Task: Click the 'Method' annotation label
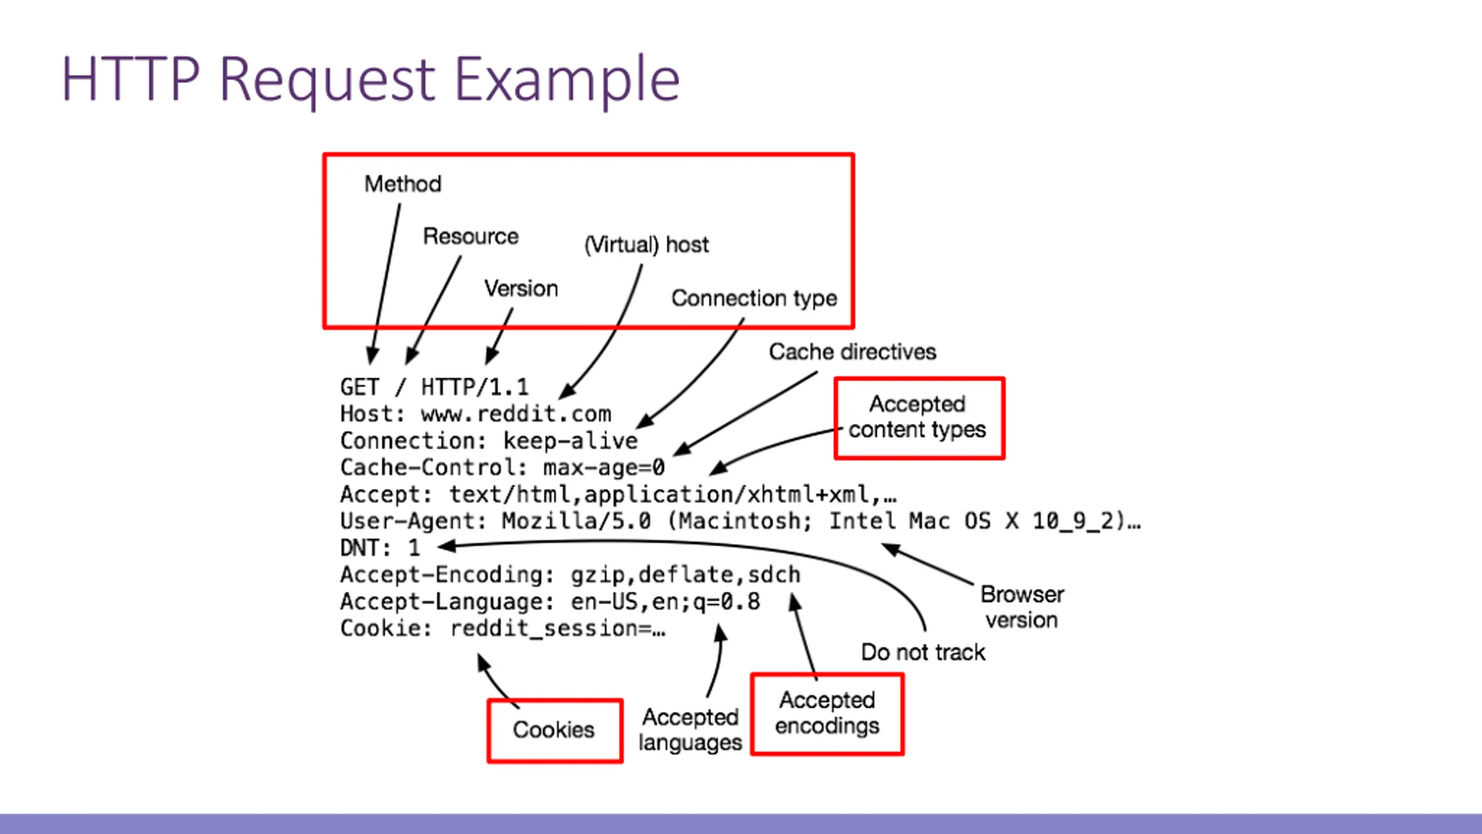click(403, 184)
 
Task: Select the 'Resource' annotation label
click(471, 236)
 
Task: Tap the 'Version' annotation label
click(521, 288)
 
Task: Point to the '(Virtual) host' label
click(647, 244)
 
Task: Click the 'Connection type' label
click(754, 298)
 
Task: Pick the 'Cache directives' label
click(853, 352)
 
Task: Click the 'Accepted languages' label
click(690, 730)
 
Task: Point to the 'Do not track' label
click(923, 652)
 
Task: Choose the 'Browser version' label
click(1022, 607)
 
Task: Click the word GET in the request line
click(360, 387)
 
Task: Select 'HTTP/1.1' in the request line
click(475, 387)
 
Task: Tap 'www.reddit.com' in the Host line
click(516, 414)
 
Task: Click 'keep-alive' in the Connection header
click(570, 441)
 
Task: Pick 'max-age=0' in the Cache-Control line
click(604, 467)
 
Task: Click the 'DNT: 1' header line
click(380, 548)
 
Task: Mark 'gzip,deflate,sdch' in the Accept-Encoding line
click(685, 575)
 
